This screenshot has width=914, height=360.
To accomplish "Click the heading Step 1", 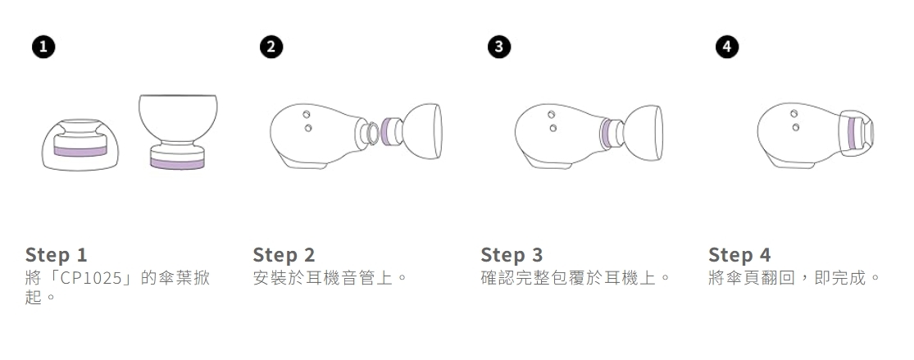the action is point(56,254).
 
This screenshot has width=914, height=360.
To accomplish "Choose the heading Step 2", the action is point(284,254).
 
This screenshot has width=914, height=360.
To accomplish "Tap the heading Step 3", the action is point(512,254).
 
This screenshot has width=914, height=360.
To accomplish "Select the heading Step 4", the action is point(739,254).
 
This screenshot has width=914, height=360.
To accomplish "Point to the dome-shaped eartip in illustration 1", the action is point(80,144).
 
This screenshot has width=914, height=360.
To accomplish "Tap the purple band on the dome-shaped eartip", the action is point(80,151).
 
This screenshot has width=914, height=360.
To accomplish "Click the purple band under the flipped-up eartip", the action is point(178,164).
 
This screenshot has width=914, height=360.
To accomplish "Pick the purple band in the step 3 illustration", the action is point(607,132).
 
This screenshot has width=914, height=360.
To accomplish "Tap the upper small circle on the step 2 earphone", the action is point(307,113).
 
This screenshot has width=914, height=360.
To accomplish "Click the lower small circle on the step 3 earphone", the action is point(552,128).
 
